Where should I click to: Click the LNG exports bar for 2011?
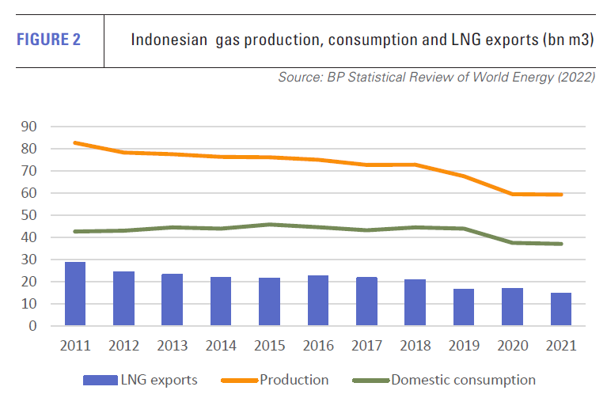75,294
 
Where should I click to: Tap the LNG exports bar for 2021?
561,309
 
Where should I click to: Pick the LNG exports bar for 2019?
464,307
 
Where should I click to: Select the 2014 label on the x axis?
221,346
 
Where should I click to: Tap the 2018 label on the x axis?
415,346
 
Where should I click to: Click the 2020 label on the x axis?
513,346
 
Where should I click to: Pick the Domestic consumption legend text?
463,381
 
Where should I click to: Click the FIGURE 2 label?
48,40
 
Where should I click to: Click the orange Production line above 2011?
75,142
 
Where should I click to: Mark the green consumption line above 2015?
270,224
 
